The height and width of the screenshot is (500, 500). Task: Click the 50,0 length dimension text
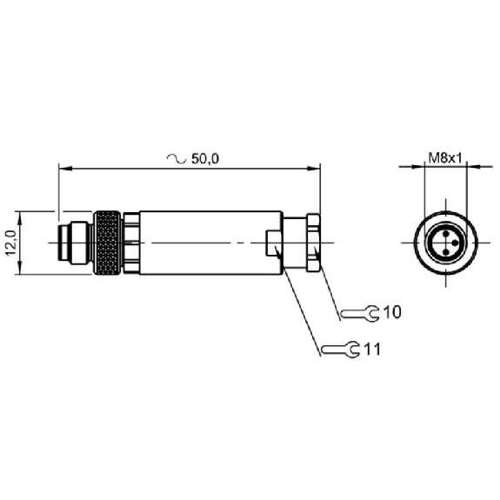[x=205, y=159]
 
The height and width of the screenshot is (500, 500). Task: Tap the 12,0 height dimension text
[x=11, y=243]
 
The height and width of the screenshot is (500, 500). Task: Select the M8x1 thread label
[x=445, y=158]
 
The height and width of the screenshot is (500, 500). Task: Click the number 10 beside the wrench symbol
[x=392, y=312]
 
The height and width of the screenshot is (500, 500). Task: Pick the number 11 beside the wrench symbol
[x=372, y=350]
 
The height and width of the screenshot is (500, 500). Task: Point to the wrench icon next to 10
[x=360, y=313]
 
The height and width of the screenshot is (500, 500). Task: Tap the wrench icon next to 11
[x=341, y=350]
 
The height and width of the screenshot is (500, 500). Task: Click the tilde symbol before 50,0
[x=177, y=158]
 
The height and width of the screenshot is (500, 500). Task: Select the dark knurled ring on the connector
[x=107, y=243]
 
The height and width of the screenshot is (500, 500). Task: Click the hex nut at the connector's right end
[x=313, y=243]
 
